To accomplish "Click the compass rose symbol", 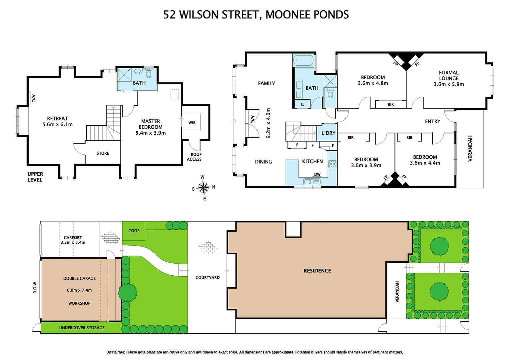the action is click(x=204, y=188).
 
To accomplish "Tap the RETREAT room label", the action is click(x=57, y=118).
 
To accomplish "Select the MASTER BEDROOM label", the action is click(x=151, y=124).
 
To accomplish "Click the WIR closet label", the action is click(x=192, y=123).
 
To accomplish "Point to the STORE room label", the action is click(x=103, y=153).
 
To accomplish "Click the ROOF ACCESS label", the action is click(x=194, y=157).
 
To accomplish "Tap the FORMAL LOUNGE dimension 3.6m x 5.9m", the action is click(x=449, y=84).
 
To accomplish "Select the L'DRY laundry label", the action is click(x=328, y=133).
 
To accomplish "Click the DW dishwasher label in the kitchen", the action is click(x=317, y=174).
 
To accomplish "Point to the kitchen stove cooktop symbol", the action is click(x=332, y=164).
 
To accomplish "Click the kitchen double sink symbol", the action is click(x=312, y=182).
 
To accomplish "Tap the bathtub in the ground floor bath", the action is click(x=303, y=60).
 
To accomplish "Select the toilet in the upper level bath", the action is click(x=149, y=72).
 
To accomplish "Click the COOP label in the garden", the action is click(x=134, y=231).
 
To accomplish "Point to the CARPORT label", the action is click(x=73, y=238).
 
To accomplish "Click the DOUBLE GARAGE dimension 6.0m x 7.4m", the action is click(x=79, y=290).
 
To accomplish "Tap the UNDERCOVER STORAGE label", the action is click(x=82, y=328).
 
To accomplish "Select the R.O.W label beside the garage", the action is click(x=35, y=288).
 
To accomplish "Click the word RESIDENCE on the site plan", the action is click(x=317, y=271).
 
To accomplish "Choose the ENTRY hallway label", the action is click(x=433, y=121).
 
